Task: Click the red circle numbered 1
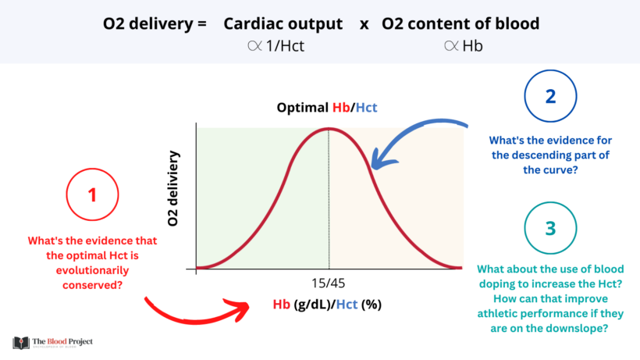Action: pos(93,194)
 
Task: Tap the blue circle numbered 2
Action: pos(550,98)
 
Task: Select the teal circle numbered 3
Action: pos(550,229)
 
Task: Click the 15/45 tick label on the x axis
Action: pos(328,282)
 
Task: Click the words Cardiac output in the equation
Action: pos(283,23)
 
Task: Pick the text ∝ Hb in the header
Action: pos(464,45)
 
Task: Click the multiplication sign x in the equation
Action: pos(364,24)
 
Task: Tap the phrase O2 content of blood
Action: pos(460,23)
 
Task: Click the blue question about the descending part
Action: pos(550,155)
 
